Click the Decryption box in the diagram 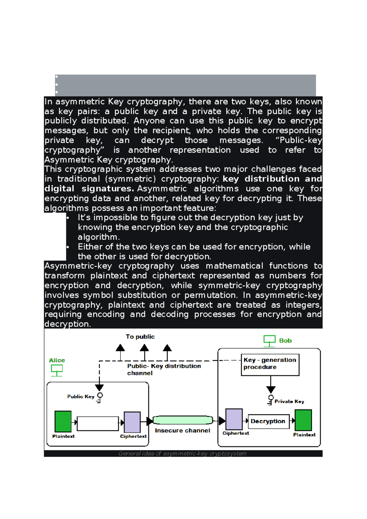(x=268, y=421)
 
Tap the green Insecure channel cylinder (x=183, y=420)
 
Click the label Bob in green (x=285, y=341)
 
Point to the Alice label (x=57, y=360)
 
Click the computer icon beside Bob (x=269, y=341)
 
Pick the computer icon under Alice (x=57, y=370)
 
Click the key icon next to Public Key (x=99, y=398)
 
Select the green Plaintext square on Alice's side (x=63, y=421)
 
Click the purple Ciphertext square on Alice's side (x=132, y=422)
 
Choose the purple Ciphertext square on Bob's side (x=234, y=419)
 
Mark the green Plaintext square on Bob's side (x=303, y=420)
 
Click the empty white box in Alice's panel (x=98, y=424)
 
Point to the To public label (x=140, y=337)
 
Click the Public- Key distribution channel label (x=164, y=369)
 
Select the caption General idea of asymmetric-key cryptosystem (x=182, y=454)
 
